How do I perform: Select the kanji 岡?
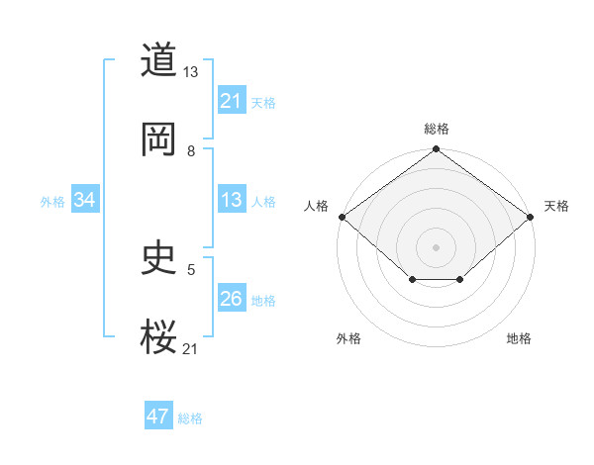158,139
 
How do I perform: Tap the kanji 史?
158,259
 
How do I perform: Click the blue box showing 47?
158,417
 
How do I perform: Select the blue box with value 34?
85,200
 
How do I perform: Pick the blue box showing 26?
231,299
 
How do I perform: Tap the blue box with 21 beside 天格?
231,101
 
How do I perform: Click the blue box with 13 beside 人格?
231,200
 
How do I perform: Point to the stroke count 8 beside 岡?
191,151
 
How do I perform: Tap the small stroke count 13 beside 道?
191,72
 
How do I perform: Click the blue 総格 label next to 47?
190,418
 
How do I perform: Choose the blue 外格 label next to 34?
52,202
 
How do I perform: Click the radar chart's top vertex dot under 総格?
437,150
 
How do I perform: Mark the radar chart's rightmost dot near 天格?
532,217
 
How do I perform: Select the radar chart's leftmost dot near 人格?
341,217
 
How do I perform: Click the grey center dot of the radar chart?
437,246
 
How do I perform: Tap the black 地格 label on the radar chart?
519,338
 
